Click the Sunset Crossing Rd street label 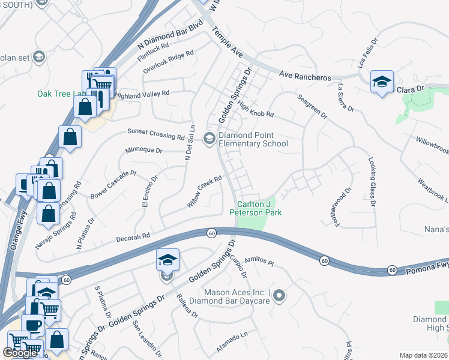click(x=155, y=134)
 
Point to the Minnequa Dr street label click(x=144, y=151)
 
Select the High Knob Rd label click(x=255, y=108)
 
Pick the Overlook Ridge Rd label click(x=168, y=62)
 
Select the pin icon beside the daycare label click(x=279, y=295)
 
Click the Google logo click(x=20, y=353)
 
